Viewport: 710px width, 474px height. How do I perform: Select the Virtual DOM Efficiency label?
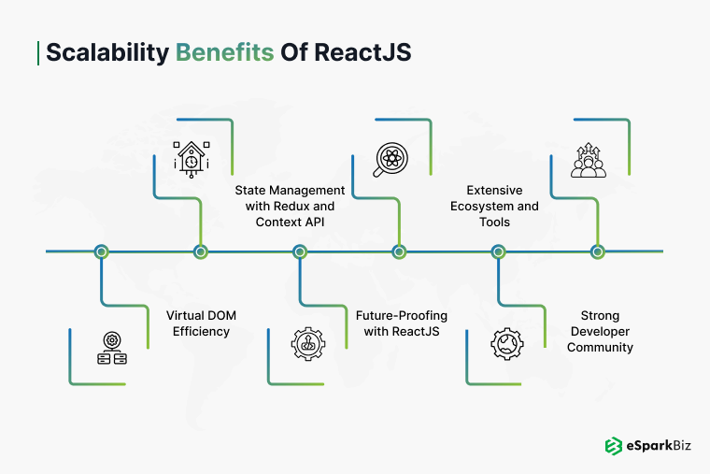pyautogui.click(x=201, y=323)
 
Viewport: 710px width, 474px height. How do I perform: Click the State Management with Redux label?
pyautogui.click(x=290, y=206)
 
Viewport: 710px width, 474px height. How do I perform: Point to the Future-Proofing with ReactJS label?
pyautogui.click(x=397, y=323)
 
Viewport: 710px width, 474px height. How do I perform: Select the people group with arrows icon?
pyautogui.click(x=589, y=160)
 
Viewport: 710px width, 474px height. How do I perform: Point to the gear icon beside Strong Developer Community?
pyautogui.click(x=507, y=344)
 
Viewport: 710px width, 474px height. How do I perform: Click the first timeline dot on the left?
pyautogui.click(x=102, y=251)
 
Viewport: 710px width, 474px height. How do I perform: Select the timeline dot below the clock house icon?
pyautogui.click(x=200, y=251)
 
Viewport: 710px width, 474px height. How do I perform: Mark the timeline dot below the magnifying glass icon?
pyautogui.click(x=399, y=251)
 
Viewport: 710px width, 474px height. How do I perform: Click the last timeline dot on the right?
pyautogui.click(x=598, y=251)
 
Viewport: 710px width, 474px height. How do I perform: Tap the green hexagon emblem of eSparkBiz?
pyautogui.click(x=614, y=446)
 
